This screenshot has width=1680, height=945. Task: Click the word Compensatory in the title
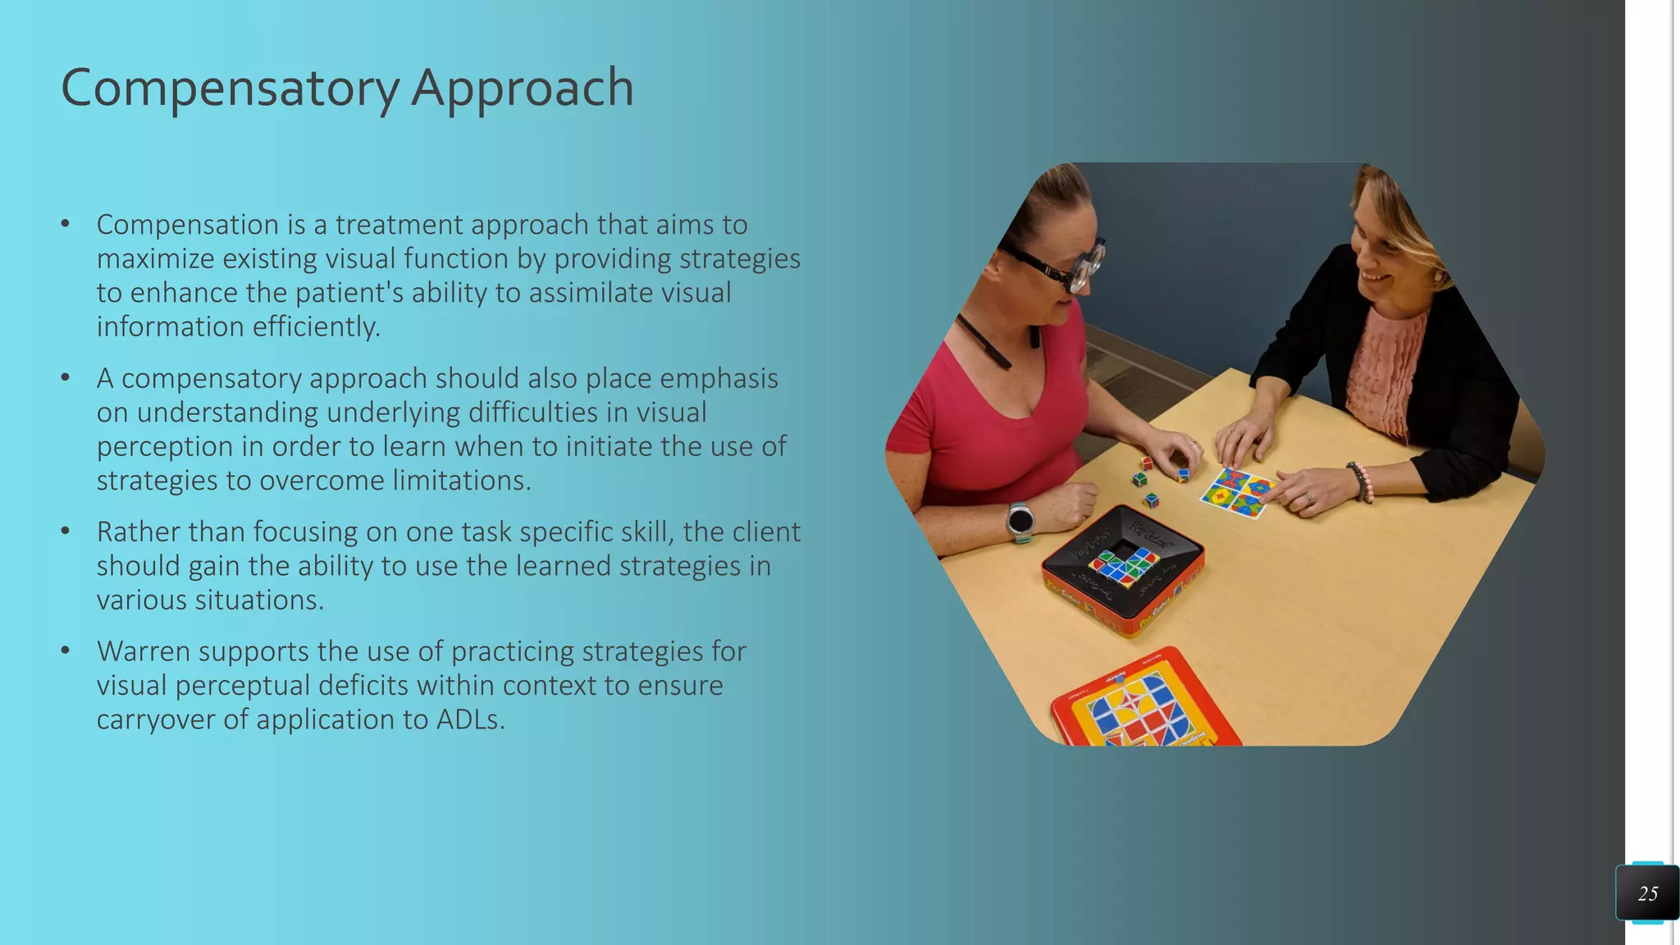(231, 89)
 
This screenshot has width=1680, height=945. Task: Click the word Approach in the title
(522, 89)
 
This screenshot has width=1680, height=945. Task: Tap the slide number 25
(1647, 893)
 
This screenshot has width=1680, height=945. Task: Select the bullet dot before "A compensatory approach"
(66, 378)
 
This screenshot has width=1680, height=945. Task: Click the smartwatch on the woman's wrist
(1020, 520)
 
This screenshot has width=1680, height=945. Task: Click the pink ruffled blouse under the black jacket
(1386, 369)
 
